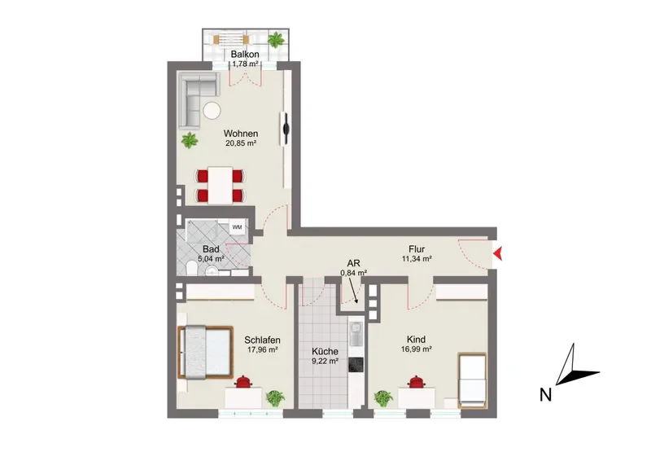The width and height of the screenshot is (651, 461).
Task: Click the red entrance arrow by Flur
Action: click(x=498, y=253)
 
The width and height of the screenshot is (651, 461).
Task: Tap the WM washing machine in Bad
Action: click(x=237, y=227)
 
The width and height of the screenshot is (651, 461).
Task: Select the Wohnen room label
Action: click(x=241, y=134)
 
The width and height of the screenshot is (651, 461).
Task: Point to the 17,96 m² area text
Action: click(x=262, y=349)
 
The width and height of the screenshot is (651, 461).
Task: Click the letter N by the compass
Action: click(x=545, y=394)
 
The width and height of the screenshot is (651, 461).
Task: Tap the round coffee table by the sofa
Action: click(x=212, y=111)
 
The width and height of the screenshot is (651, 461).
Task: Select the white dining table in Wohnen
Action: click(x=220, y=185)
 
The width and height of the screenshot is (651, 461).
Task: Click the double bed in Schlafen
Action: click(x=205, y=352)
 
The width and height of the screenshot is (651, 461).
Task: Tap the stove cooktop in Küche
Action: click(x=356, y=365)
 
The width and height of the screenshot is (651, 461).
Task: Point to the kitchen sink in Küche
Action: click(x=356, y=334)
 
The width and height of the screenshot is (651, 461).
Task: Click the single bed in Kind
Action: click(x=472, y=380)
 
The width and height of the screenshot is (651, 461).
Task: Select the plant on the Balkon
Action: click(x=276, y=40)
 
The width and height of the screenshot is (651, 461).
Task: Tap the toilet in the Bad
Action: click(x=192, y=268)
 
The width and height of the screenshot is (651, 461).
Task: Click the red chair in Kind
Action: click(x=415, y=382)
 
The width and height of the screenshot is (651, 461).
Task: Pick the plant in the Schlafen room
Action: click(x=275, y=397)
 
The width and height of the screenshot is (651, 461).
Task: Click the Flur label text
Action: click(x=417, y=249)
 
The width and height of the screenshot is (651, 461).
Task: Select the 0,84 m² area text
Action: click(x=354, y=273)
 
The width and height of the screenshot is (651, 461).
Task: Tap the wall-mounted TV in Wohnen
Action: click(x=286, y=129)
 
